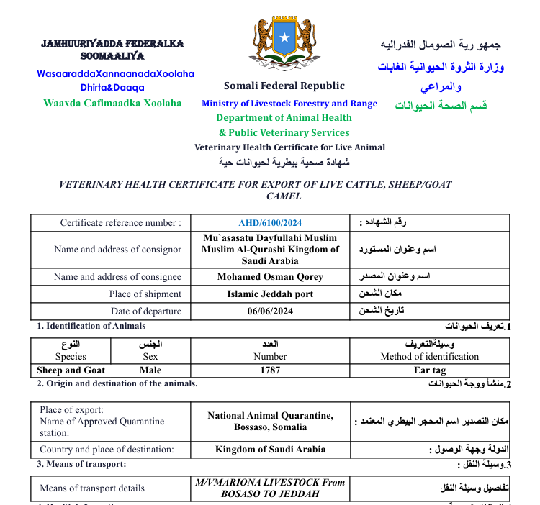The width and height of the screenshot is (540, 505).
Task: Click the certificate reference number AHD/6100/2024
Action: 270,223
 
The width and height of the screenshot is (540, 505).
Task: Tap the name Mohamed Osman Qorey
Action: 270,277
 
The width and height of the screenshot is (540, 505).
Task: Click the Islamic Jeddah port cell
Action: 270,294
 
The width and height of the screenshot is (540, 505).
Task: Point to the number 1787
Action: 270,370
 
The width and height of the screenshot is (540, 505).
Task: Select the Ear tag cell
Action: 430,370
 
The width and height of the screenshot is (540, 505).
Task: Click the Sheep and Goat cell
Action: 71,370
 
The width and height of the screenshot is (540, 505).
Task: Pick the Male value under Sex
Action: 150,370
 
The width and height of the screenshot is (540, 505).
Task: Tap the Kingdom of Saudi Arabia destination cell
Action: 270,450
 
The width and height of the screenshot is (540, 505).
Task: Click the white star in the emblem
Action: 284,37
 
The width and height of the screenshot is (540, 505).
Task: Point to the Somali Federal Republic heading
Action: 284,86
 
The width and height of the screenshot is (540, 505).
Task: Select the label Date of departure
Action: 146,311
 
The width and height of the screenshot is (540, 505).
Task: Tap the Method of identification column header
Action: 430,357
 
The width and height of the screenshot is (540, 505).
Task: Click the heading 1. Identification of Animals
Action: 91,327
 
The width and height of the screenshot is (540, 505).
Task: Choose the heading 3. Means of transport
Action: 81,464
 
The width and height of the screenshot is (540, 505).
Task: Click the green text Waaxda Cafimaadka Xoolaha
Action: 112,103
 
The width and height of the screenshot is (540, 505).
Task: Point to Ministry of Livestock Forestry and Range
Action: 289,104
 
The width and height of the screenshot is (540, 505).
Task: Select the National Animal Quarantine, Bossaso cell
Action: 270,421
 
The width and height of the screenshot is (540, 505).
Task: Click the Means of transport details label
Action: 92,488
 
